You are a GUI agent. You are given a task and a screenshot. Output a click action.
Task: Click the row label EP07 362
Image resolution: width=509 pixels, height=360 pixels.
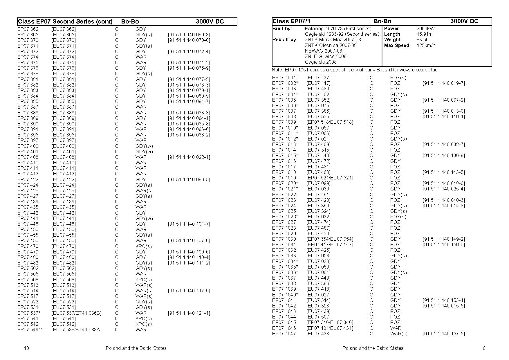tap(28, 29)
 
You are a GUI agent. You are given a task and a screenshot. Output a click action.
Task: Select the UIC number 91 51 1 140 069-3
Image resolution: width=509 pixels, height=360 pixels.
tap(189, 35)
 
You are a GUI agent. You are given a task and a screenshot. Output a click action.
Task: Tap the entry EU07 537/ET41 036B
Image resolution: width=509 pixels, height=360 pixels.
tap(76, 313)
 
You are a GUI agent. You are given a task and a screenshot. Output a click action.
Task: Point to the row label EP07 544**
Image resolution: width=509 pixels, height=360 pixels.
tap(30, 330)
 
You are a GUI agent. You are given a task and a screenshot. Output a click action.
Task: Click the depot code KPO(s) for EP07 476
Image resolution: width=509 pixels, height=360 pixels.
tap(143, 246)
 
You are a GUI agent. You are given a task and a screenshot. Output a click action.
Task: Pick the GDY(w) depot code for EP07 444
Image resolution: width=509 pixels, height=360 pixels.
tap(144, 218)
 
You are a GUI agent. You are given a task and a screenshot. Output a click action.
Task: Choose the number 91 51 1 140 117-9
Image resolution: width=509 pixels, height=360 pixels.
tap(189, 291)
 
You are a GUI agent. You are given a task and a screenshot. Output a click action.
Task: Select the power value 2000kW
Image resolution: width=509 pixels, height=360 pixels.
tap(426, 28)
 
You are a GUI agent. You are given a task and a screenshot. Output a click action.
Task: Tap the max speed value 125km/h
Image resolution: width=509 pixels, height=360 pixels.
tap(426, 45)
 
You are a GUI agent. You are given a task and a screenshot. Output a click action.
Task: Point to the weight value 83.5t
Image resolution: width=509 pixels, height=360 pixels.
tap(422, 39)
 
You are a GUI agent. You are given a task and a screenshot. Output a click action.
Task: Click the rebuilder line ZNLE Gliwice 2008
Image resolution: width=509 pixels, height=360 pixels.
tap(325, 56)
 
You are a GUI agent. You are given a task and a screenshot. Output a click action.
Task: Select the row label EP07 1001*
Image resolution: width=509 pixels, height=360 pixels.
tap(285, 78)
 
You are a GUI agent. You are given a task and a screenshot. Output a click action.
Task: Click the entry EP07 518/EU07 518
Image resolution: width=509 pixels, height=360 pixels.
tap(330, 122)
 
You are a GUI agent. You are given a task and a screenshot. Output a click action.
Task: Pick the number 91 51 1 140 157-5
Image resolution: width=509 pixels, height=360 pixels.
tap(444, 334)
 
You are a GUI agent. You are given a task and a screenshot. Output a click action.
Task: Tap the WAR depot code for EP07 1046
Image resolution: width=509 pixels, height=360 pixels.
tap(396, 328)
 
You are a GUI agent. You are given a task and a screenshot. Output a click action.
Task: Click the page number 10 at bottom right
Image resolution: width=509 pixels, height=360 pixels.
tap(483, 348)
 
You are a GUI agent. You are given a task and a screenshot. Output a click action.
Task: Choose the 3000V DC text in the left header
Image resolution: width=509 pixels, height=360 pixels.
tap(210, 21)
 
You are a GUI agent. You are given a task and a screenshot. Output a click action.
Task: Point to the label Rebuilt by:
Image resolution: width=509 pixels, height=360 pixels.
tap(285, 39)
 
